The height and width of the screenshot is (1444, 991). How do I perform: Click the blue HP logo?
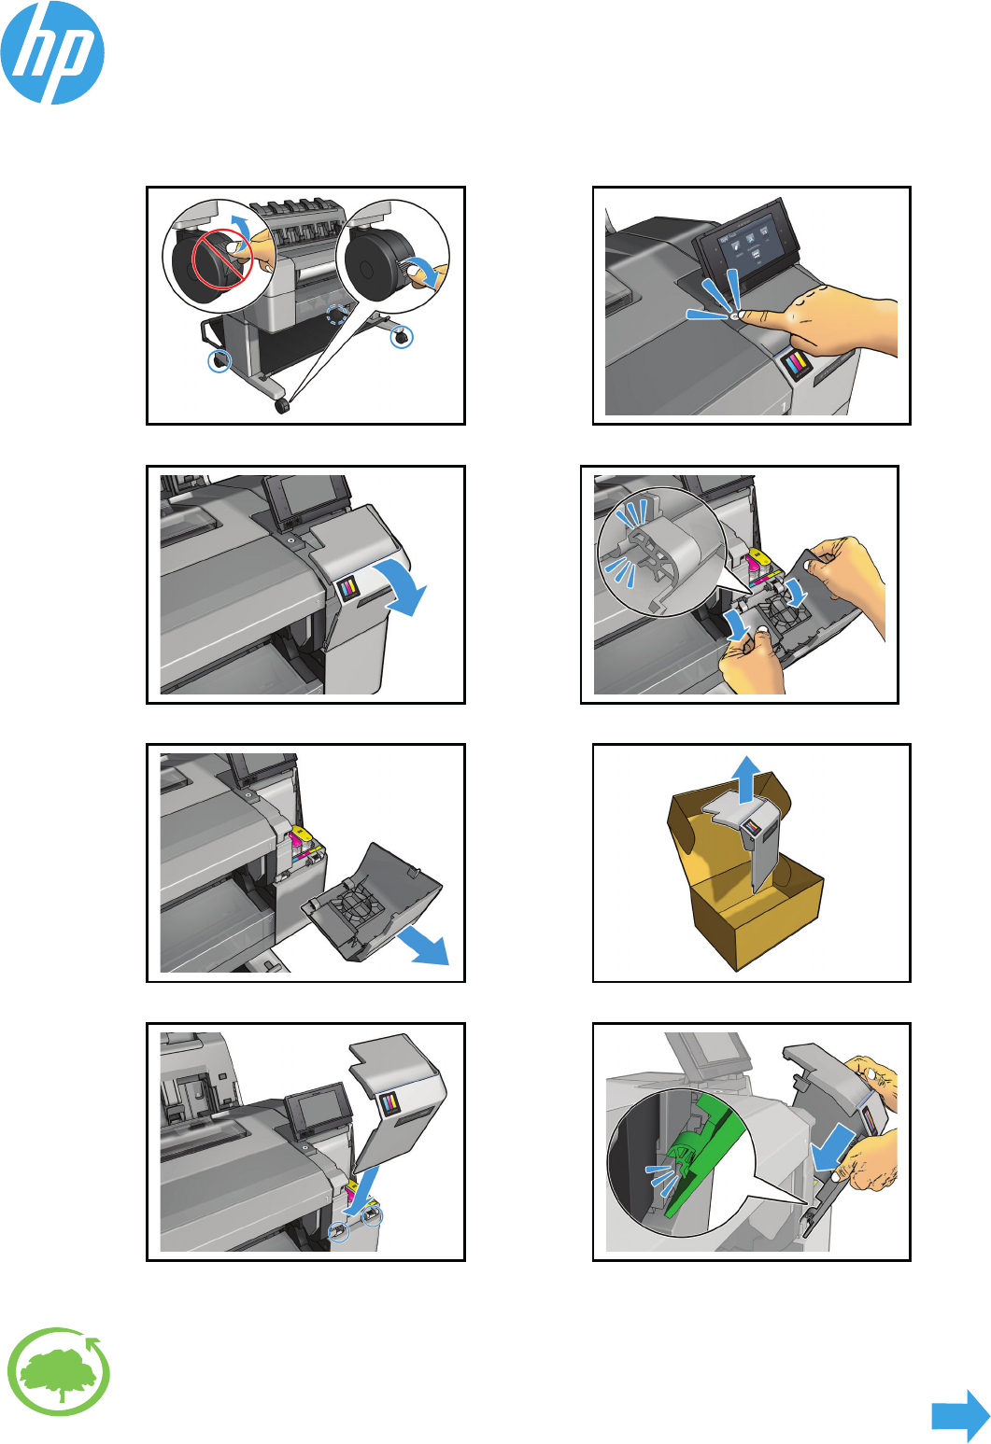52,52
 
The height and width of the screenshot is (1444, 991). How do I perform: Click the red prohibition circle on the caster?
222,259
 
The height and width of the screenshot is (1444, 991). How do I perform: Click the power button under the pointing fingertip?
735,315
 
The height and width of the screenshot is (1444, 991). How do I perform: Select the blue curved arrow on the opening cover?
402,584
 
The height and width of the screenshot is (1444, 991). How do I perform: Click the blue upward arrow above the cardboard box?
747,778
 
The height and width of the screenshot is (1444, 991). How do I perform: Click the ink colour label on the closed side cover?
347,588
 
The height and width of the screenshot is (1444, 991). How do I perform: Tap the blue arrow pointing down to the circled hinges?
361,1188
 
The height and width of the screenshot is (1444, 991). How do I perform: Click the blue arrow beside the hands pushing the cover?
833,1146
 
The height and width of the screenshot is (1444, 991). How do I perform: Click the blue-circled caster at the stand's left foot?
219,361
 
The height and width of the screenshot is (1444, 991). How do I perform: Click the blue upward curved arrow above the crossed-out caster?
241,229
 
